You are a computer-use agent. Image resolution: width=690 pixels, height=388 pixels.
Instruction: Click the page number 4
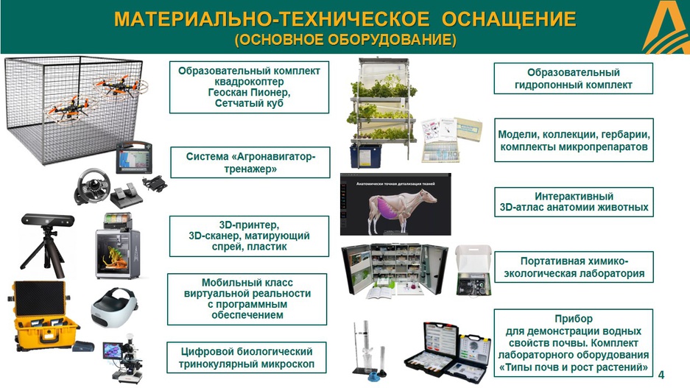click(x=661, y=375)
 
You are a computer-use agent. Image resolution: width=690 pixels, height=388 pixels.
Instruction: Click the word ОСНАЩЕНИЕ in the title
click(x=509, y=19)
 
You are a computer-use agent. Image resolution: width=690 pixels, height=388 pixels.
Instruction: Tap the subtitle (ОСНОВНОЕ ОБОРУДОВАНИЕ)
click(x=345, y=40)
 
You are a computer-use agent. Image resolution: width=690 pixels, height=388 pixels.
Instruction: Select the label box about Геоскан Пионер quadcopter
click(x=249, y=87)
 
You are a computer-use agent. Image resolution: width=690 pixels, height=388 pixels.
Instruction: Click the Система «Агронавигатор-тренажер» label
click(x=250, y=162)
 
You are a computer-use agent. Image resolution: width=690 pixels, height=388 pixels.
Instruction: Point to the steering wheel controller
click(x=91, y=186)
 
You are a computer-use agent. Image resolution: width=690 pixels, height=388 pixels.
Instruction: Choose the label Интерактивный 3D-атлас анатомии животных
click(x=574, y=202)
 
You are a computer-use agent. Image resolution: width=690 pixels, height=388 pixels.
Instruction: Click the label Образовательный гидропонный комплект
click(x=573, y=78)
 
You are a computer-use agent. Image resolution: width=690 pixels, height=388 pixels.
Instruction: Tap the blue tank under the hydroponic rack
click(x=366, y=156)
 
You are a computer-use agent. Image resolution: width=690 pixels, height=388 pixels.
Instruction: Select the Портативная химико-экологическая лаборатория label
click(x=574, y=267)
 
